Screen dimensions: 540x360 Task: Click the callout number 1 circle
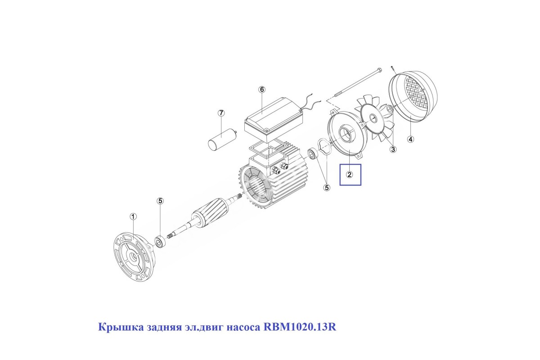pos(133,216)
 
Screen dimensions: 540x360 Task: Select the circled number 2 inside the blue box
pos(350,175)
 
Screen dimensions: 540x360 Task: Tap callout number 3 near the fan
pos(393,149)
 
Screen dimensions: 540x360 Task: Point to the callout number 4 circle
pos(410,139)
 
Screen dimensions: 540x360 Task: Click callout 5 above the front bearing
pos(160,201)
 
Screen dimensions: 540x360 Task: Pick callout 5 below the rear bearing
pos(327,187)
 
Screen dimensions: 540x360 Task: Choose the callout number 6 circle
pos(262,90)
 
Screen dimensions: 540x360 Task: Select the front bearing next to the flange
pos(160,241)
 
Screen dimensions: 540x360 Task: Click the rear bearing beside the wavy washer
pos(313,154)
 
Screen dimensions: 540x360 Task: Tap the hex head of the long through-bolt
pos(380,70)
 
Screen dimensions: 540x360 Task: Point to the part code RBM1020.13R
pos(300,327)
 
